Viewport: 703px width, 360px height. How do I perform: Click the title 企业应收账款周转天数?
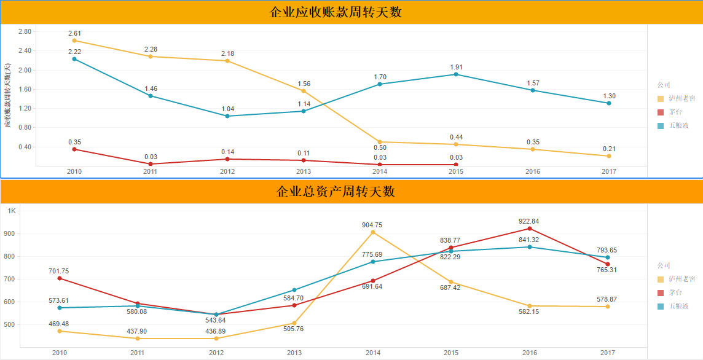336,12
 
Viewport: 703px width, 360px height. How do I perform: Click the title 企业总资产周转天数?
336,191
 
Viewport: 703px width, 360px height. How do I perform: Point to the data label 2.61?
74,33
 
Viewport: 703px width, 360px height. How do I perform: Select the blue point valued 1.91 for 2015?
456,74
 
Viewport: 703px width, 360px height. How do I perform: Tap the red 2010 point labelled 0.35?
74,149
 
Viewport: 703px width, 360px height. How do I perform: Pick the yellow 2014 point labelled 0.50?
380,142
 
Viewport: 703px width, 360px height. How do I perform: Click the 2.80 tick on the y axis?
25,31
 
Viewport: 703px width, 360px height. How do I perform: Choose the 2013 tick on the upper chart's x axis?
304,171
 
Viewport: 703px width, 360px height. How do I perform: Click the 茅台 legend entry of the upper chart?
675,112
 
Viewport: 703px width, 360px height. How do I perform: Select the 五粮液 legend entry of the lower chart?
678,305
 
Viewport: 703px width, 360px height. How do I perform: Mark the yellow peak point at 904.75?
373,232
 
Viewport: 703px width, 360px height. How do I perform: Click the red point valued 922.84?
530,229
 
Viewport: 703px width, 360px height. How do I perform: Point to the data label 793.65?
607,250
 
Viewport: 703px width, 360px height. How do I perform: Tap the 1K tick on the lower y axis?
12,211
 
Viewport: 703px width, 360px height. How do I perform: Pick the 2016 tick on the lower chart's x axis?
530,353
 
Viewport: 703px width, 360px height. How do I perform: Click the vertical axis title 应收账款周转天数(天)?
7,95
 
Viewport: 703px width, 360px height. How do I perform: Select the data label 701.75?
60,271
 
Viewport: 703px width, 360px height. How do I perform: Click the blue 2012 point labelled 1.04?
227,116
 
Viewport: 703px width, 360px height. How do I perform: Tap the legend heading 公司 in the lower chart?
664,265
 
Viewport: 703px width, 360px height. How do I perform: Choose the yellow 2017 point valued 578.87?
607,307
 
